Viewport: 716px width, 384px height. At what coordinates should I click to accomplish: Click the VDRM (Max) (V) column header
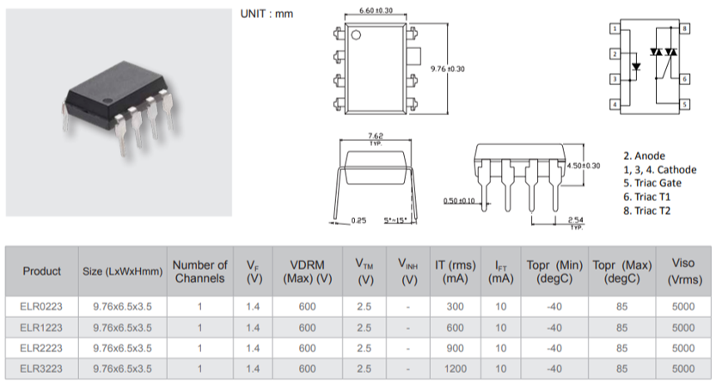(306, 271)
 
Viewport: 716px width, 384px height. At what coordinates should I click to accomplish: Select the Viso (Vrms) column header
(683, 271)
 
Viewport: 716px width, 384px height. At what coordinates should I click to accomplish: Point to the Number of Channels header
(200, 271)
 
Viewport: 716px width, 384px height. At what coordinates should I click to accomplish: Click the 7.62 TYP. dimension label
(375, 137)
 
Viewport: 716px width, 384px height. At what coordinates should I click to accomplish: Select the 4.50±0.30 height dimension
(584, 165)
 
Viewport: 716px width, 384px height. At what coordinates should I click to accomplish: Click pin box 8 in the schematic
(685, 29)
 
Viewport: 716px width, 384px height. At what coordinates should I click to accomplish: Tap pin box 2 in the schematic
(615, 54)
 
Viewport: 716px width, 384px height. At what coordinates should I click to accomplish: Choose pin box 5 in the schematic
(685, 104)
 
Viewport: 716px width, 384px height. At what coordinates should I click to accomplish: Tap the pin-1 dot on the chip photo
(108, 103)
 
